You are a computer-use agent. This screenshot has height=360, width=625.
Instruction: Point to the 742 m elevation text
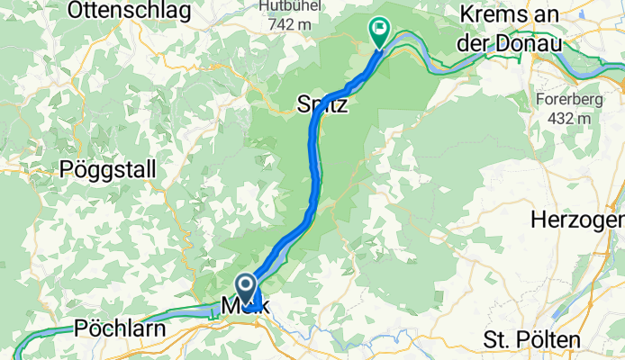tap(290, 24)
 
